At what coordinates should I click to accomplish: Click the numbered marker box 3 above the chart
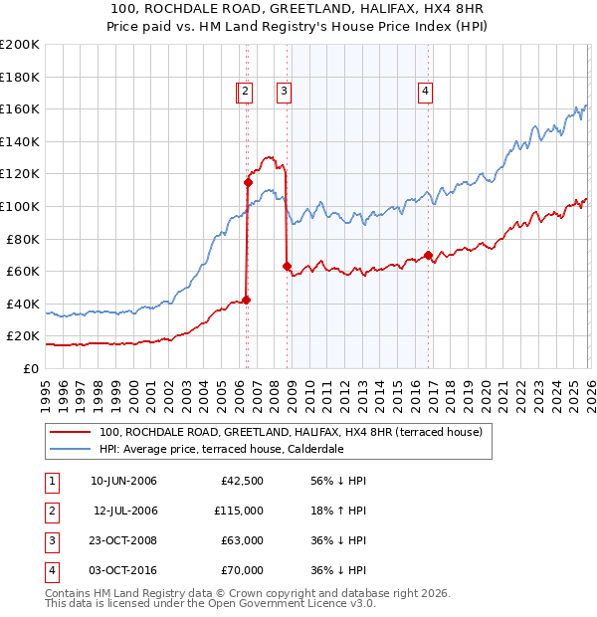click(284, 92)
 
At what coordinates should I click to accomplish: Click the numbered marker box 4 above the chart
click(425, 92)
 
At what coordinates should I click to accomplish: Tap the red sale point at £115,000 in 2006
click(248, 182)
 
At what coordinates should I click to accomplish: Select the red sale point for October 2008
click(287, 266)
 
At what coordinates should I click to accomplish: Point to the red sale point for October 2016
click(428, 255)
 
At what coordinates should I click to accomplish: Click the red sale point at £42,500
click(246, 300)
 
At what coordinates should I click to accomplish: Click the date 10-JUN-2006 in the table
click(123, 481)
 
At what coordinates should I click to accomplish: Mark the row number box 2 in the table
click(50, 511)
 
